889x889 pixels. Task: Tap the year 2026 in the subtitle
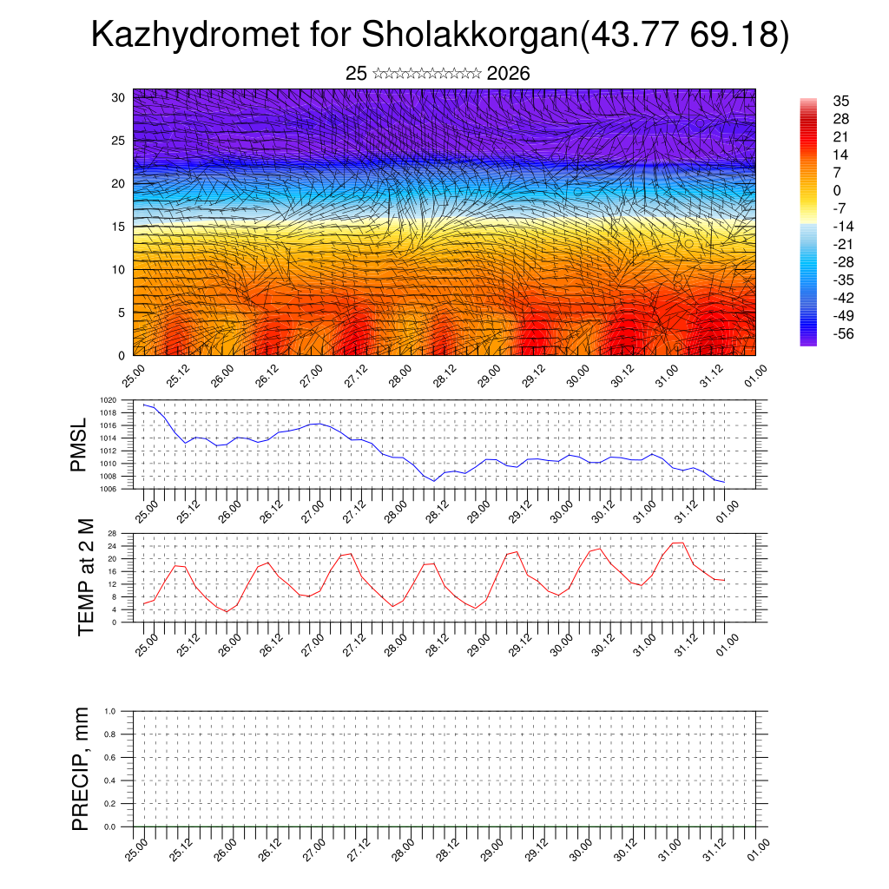(508, 74)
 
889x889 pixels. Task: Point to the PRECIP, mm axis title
(81, 768)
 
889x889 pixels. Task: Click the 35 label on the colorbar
(840, 101)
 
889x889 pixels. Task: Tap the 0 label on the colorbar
(837, 191)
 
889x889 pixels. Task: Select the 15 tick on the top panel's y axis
(119, 227)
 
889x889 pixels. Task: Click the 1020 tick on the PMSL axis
(108, 400)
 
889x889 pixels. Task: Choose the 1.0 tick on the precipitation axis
(110, 711)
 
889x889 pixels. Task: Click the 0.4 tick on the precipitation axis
(110, 780)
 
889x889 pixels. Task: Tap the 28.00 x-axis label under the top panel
(399, 375)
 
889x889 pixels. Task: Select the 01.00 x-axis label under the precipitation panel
(758, 847)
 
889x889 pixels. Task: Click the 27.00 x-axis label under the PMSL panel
(312, 509)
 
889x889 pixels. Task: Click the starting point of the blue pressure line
(144, 404)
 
